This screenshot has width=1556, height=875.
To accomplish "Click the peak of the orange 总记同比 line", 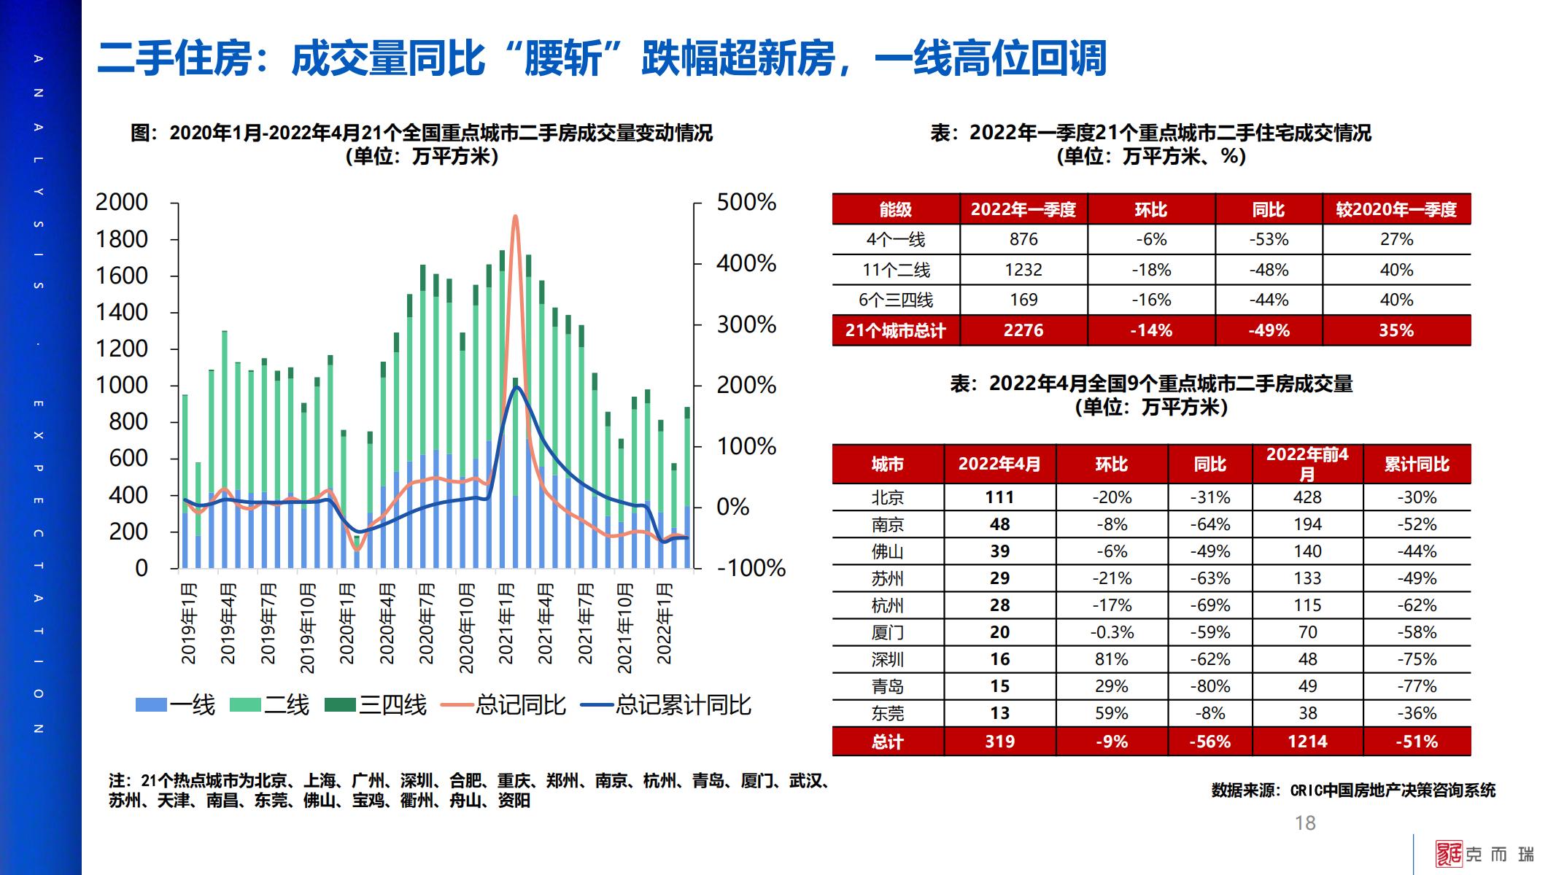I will pos(515,217).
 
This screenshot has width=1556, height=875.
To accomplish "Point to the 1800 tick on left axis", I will pos(121,239).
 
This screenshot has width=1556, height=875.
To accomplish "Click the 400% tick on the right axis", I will pos(746,263).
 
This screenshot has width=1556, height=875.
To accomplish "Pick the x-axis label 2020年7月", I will pos(427,623).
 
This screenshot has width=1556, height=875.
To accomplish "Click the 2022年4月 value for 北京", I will pos(999,497).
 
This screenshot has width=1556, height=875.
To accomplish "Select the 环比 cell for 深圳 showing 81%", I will pos(1111,659).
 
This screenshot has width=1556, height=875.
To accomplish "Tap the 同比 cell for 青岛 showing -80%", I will pos(1209,686).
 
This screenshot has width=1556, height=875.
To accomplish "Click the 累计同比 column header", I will pos(1417,464).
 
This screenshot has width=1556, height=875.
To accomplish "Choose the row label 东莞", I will pos(887,713).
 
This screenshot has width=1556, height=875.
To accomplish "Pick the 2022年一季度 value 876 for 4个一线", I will pos(1023,239).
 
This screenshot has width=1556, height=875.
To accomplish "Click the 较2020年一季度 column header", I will pos(1396,210).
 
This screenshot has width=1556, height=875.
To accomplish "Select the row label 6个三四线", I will pos(895,300).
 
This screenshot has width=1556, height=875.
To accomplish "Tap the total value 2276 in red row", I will pos(1023,330).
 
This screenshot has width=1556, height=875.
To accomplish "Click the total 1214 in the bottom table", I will pos(1307,742).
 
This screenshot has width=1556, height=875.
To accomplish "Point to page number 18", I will pos(1305,823).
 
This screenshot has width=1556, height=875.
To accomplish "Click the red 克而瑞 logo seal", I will pos(1449,854).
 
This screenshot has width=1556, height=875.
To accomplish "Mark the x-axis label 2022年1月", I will pos(664,623).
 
